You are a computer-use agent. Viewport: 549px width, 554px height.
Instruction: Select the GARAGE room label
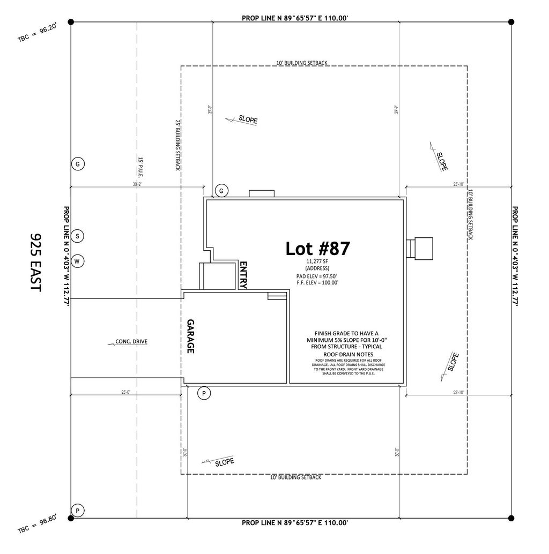coord(190,336)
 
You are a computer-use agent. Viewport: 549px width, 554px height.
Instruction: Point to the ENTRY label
coord(243,275)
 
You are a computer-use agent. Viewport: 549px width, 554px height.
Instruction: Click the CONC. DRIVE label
coord(131,341)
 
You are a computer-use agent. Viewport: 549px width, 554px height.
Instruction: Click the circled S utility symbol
coord(78,236)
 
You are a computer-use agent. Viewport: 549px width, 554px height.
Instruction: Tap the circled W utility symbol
coord(78,261)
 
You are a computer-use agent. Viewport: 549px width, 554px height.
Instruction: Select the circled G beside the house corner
coord(221,190)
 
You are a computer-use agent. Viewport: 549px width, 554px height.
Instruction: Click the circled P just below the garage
coord(204,393)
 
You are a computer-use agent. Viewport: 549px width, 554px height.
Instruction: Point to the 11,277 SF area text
coord(317,261)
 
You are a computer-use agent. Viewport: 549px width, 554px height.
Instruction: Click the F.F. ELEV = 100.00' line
coord(317,282)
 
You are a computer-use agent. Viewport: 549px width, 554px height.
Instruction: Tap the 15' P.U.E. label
coord(140,167)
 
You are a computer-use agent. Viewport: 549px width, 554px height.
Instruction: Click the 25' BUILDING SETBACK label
coord(177,145)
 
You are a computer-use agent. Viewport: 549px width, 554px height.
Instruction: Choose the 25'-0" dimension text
coord(127,392)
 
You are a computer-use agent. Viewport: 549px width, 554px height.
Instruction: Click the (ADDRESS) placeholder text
coord(317,268)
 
